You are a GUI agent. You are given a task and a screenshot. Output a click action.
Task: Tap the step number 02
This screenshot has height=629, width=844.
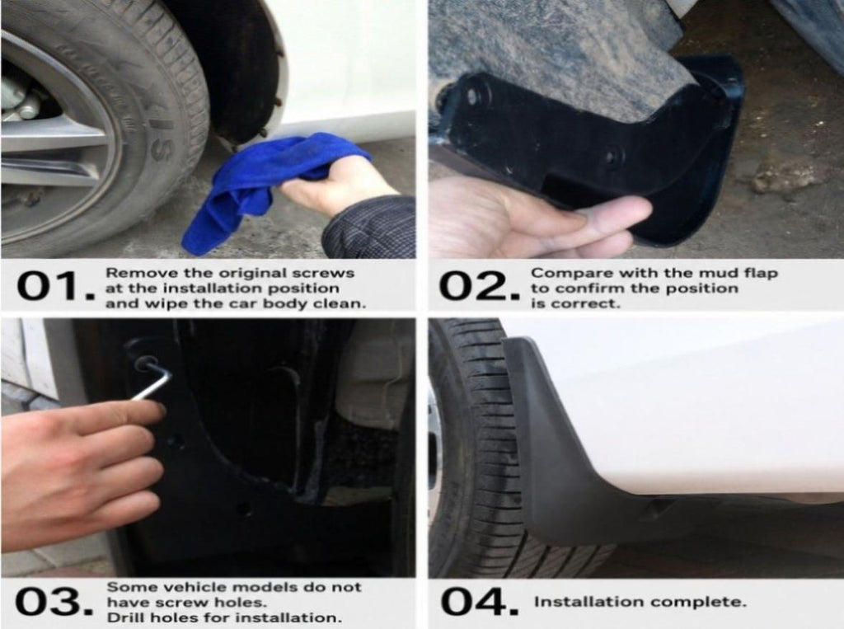pos(478,286)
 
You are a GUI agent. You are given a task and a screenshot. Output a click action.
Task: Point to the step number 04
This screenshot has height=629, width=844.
pos(479,602)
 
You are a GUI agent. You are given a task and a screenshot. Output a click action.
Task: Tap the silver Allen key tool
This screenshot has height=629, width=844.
pos(152,378)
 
